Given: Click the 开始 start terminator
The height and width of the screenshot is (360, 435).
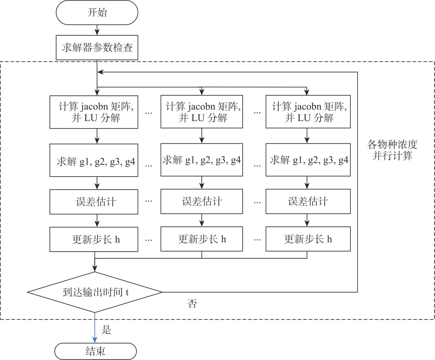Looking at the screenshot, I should click(x=97, y=12).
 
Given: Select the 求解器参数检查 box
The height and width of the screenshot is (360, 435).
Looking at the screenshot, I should click(x=97, y=47).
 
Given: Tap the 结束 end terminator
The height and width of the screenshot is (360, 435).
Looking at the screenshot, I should click(x=96, y=351).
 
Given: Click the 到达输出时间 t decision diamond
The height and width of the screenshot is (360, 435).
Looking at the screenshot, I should click(x=95, y=292).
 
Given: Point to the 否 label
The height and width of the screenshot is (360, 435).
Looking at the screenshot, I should click(x=192, y=303).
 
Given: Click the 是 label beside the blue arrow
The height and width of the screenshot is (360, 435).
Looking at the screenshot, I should click(x=106, y=330).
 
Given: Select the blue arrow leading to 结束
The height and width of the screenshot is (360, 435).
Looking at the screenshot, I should click(x=95, y=327).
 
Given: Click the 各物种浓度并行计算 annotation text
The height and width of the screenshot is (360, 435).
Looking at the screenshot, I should click(x=392, y=150).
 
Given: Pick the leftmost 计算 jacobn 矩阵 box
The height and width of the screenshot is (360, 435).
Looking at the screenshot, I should click(x=94, y=112).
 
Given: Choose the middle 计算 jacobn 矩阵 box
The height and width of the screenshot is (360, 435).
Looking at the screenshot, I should click(x=202, y=112).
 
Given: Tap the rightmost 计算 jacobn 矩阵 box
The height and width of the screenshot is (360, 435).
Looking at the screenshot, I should click(x=308, y=112).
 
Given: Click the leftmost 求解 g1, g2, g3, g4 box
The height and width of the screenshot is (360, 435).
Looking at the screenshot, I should click(x=94, y=160).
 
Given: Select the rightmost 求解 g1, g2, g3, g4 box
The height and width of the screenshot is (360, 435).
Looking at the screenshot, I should click(x=308, y=160).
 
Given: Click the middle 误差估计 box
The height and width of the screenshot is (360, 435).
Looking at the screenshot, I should click(x=202, y=201).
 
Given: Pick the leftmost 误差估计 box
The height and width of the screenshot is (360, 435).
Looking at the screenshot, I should click(x=94, y=202).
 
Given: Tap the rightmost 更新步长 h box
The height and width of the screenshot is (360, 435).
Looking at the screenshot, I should click(x=308, y=239).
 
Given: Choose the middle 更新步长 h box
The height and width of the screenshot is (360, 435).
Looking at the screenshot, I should click(x=202, y=239).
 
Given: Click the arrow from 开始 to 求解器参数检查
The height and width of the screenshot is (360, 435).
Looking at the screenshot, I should click(x=97, y=30).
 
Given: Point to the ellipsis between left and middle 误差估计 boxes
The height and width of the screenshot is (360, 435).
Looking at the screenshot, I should click(x=149, y=201).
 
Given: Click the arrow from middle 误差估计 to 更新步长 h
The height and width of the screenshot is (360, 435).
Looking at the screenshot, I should click(x=202, y=220).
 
